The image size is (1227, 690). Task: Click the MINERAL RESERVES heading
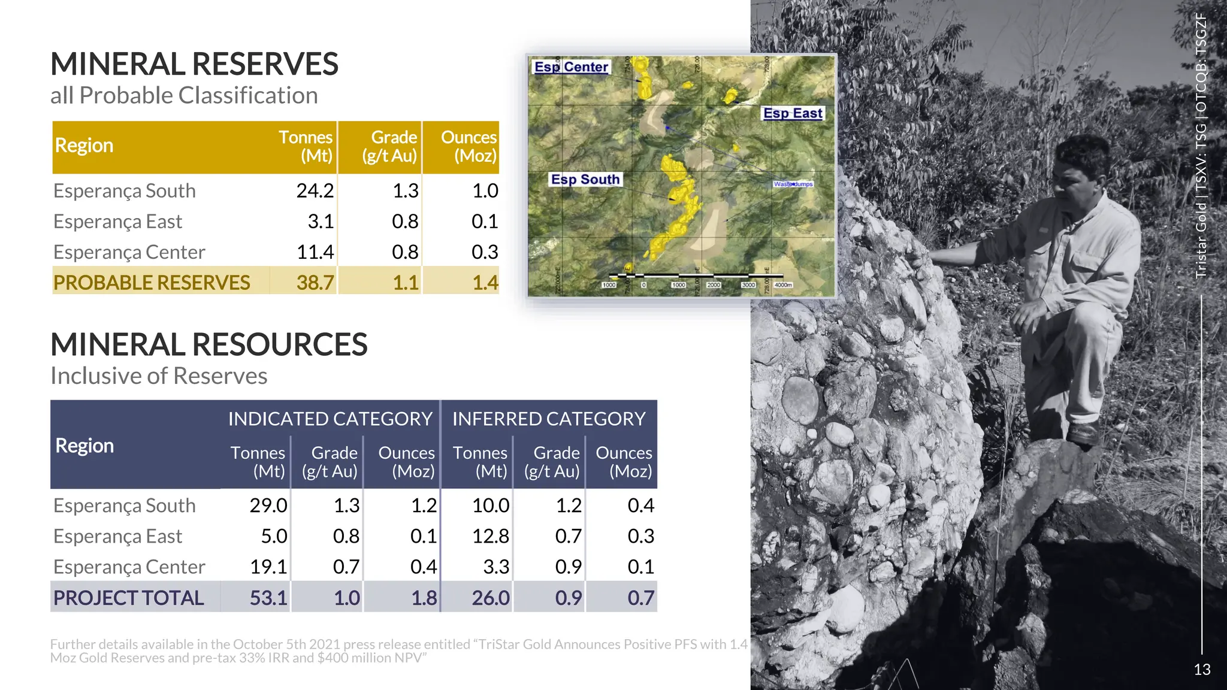point(194,64)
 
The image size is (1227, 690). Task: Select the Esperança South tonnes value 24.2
point(315,190)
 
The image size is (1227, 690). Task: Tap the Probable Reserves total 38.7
point(315,282)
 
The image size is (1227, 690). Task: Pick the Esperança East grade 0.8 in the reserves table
point(405,222)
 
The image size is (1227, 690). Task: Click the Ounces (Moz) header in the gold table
point(469,146)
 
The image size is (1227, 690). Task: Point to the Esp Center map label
point(571,67)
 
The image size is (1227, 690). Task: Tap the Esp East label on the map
point(793,113)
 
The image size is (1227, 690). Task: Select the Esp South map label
point(585,179)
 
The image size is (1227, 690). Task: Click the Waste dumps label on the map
point(793,184)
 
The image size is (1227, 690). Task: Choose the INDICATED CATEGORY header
point(330,419)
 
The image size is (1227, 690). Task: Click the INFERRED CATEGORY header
point(549,419)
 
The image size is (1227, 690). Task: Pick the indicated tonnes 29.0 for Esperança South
point(268,506)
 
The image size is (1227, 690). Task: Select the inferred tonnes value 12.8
point(490,536)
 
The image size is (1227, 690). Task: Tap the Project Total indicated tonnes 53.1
point(268,598)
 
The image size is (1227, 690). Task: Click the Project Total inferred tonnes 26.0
point(490,598)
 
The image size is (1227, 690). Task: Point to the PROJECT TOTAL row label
point(129,598)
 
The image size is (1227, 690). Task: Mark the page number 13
point(1202,670)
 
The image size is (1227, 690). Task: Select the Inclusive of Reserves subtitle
point(159,376)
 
